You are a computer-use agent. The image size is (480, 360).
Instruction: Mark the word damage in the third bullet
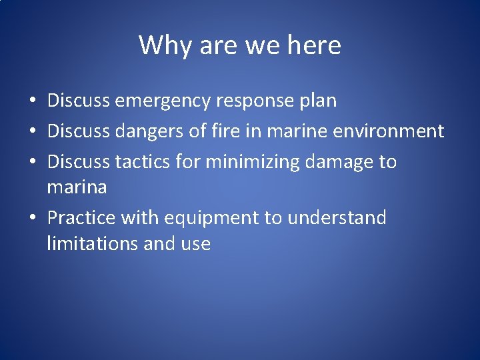point(339,161)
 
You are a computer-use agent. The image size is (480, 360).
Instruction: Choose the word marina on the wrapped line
point(77,187)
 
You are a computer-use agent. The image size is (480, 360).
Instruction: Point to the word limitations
point(93,244)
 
